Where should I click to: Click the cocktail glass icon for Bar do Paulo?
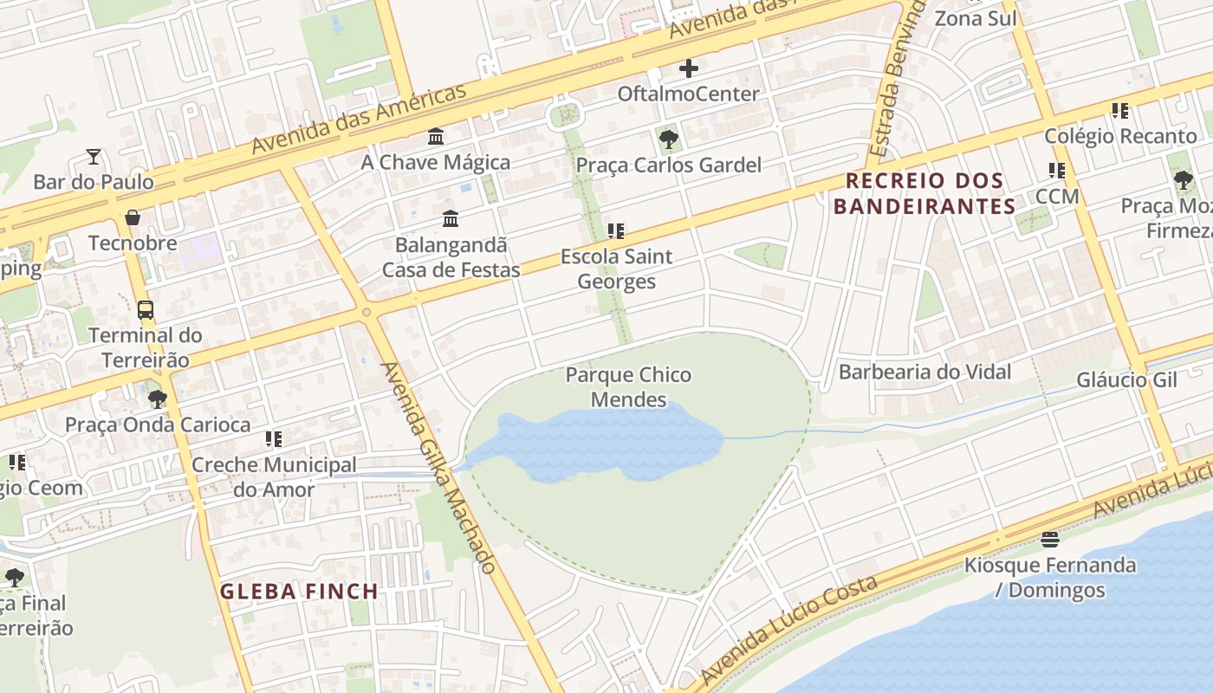coord(94,157)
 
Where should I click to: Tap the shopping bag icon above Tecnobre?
coord(133,217)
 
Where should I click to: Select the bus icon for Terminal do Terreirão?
coord(146,309)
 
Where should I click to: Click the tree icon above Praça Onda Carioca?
coord(157,399)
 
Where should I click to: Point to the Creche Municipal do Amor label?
coord(274,477)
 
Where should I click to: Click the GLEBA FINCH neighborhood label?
coord(299,592)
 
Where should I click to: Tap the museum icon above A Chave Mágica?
coord(436,137)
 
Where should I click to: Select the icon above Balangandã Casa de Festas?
coord(451,218)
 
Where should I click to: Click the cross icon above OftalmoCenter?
coord(689,68)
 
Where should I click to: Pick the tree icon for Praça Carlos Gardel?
coord(668,139)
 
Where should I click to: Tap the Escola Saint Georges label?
coord(616,269)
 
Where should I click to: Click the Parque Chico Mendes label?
coord(628,386)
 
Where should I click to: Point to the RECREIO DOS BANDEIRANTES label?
coord(924,193)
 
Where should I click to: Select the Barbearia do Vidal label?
coord(924,372)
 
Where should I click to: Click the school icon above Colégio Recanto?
coord(1120,111)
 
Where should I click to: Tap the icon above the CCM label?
coord(1057,171)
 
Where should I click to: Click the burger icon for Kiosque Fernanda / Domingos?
coord(1050,541)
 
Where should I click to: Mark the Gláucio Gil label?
coord(1126,380)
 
